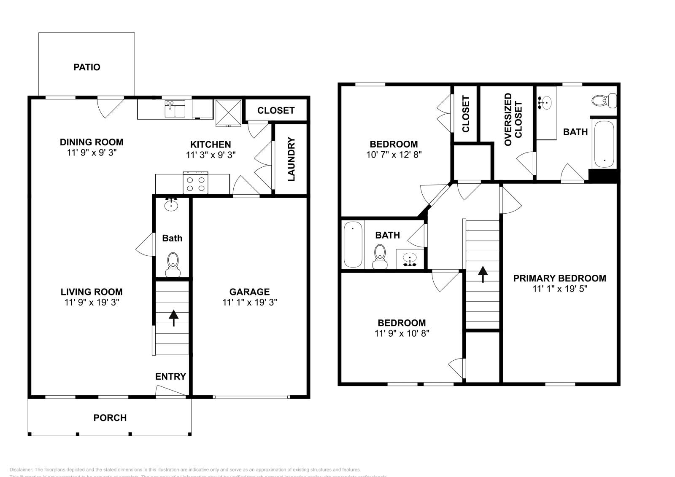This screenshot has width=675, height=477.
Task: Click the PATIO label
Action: pyautogui.click(x=87, y=67)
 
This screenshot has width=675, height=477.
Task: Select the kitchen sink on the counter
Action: pyautogui.click(x=174, y=109)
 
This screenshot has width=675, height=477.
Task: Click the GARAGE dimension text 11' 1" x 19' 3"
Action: pyautogui.click(x=249, y=302)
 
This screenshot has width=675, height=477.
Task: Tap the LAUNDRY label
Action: pyautogui.click(x=291, y=159)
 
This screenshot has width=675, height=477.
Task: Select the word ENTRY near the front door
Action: pyautogui.click(x=170, y=376)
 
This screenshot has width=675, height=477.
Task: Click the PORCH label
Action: pyautogui.click(x=110, y=418)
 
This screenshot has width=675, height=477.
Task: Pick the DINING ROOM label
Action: pyautogui.click(x=92, y=142)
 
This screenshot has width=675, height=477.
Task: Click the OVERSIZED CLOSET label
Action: pyautogui.click(x=513, y=120)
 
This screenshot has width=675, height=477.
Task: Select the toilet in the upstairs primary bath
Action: pyautogui.click(x=603, y=101)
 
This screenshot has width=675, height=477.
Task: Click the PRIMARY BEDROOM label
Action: pyautogui.click(x=559, y=278)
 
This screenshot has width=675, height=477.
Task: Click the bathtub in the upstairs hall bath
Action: pyautogui.click(x=353, y=244)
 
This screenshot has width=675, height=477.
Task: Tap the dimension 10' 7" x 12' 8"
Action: pyautogui.click(x=394, y=155)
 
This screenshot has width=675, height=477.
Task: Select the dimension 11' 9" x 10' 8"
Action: pyautogui.click(x=402, y=333)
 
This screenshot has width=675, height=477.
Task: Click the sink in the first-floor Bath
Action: pyautogui.click(x=171, y=205)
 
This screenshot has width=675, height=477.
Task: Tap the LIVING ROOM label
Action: pyautogui.click(x=92, y=292)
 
